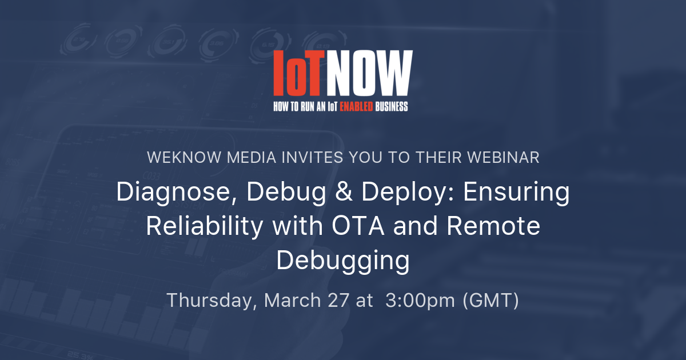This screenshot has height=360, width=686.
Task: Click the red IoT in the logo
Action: click(298, 73)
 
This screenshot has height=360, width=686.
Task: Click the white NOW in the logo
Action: click(369, 73)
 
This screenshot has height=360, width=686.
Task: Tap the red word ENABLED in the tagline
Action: click(356, 106)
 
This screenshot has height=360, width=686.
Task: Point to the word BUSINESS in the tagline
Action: click(392, 106)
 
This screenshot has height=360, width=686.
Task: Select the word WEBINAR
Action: click(503, 157)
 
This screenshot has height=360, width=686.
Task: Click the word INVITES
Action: click(312, 157)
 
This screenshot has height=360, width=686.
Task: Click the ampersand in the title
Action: click(344, 192)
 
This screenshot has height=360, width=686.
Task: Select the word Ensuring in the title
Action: click(516, 192)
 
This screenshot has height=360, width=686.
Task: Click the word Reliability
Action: click(204, 226)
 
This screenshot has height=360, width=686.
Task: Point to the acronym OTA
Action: click(358, 226)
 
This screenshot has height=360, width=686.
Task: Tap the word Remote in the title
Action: click(493, 226)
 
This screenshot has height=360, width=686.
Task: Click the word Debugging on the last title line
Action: click(342, 261)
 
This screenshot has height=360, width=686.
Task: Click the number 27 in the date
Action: click(338, 300)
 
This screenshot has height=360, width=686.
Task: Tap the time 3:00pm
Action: click(420, 301)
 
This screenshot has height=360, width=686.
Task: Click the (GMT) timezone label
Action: click(490, 301)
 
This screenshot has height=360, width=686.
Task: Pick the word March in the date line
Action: click(293, 300)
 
